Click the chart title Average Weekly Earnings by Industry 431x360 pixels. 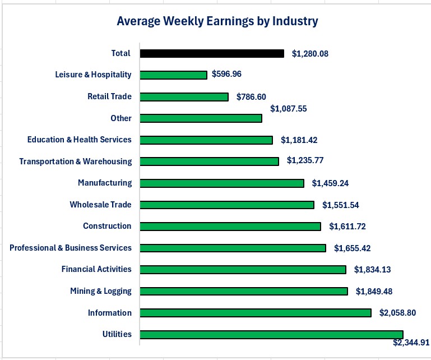(x=217, y=21)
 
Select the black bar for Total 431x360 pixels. (x=211, y=54)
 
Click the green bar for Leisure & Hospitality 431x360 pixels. (x=173, y=75)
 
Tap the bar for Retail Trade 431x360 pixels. (x=184, y=96)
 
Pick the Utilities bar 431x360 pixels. (x=271, y=334)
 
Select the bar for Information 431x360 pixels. (x=255, y=313)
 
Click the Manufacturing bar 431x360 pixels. (x=221, y=183)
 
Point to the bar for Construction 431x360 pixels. (x=230, y=227)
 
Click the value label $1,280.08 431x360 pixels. (x=310, y=54)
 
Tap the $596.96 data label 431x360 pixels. (x=226, y=74)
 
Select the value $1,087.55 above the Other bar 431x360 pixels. (x=288, y=108)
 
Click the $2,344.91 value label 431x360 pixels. (x=411, y=343)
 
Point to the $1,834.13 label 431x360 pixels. (x=372, y=270)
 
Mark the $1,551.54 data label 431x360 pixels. (x=341, y=205)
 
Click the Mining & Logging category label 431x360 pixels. (x=101, y=291)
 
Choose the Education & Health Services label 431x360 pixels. (x=79, y=140)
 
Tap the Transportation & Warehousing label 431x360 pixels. (x=75, y=161)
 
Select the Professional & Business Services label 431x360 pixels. (x=71, y=248)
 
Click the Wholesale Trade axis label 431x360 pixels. (x=100, y=205)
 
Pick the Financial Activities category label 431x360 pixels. (x=96, y=269)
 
